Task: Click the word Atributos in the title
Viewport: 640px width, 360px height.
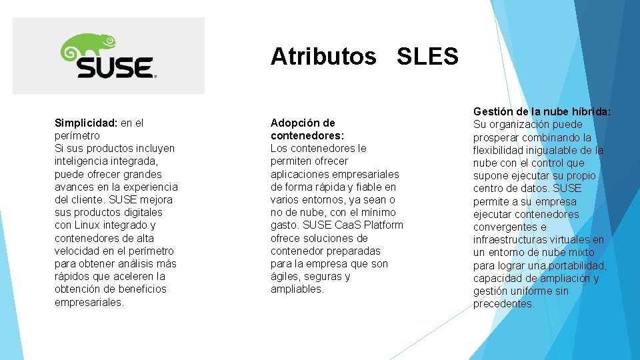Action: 323,57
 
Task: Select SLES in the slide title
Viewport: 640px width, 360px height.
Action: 427,57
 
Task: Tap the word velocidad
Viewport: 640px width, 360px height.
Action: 77,251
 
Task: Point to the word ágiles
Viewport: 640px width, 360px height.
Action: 285,277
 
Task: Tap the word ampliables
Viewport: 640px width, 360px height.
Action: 297,289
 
